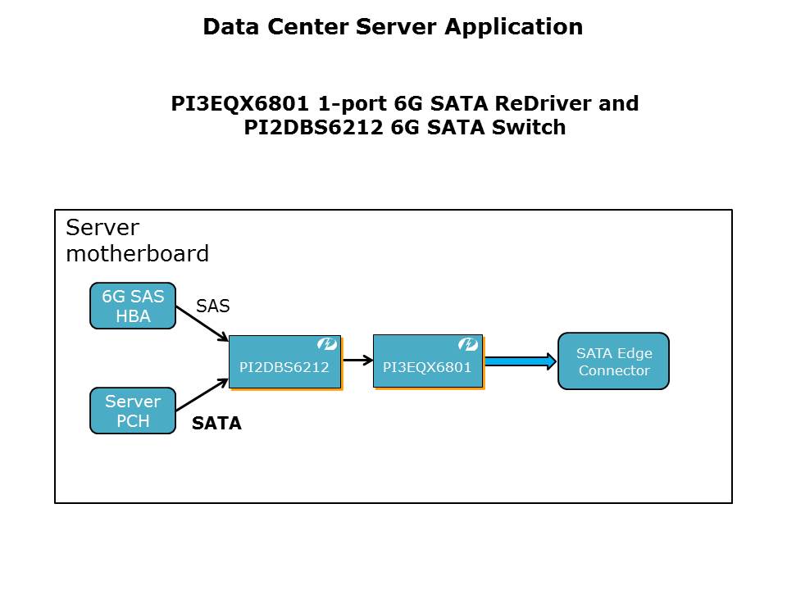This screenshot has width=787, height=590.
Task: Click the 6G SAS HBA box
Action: coord(132,306)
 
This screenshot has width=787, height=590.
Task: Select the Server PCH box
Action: coord(132,411)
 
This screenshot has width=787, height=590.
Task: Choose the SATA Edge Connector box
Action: coord(613,361)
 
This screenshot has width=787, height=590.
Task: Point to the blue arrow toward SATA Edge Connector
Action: coord(520,361)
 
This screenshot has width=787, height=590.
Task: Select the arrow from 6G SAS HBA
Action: coord(202,325)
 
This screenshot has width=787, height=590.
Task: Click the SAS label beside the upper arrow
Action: coord(212,306)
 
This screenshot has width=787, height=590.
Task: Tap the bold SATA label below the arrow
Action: coord(216,424)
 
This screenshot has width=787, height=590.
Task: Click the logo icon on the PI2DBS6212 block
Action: coord(327,345)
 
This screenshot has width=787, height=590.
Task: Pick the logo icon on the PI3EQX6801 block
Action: coord(468,345)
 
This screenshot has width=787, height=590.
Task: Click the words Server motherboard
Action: coord(137,240)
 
